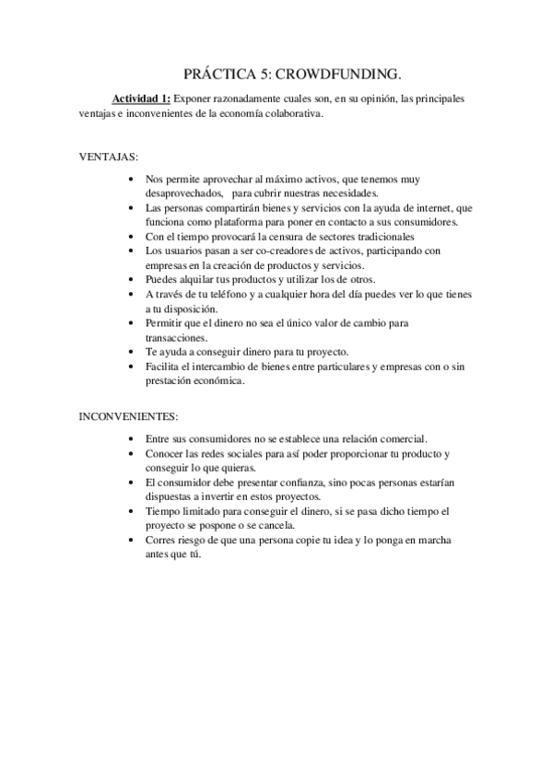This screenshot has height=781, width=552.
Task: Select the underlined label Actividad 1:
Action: (142, 98)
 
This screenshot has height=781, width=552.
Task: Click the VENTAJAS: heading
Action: (109, 156)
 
